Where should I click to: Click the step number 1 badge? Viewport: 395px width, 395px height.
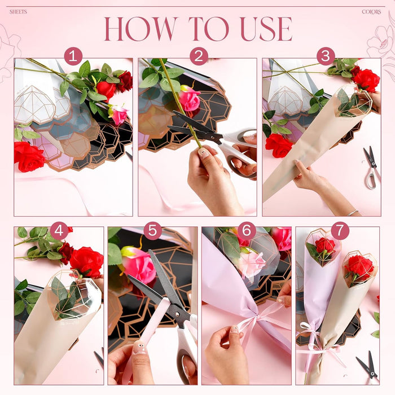pos(73,56)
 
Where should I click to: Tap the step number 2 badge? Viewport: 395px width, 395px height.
pos(199,56)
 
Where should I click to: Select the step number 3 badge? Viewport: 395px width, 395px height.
pos(326,56)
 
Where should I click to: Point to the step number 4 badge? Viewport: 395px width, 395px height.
pos(59,230)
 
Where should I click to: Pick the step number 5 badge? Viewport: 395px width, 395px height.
pos(153,230)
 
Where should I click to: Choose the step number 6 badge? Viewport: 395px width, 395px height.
pos(247,230)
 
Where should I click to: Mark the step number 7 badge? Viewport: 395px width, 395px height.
pos(340,230)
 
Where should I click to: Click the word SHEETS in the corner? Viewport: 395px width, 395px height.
pos(18,12)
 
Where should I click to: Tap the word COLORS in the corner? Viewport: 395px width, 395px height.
pos(371,12)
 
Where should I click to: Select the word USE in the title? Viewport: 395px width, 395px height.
pos(266,29)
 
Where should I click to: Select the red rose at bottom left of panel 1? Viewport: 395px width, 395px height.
pos(29,157)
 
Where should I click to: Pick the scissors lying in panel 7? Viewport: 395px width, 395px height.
pos(368,367)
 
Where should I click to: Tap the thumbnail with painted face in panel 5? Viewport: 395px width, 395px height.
pos(139,348)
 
